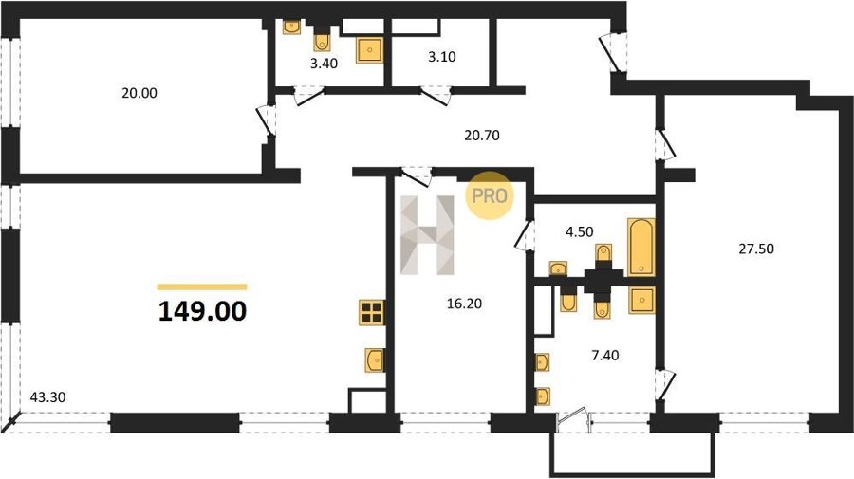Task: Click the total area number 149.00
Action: pyautogui.click(x=203, y=311)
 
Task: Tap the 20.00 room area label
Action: pyautogui.click(x=139, y=93)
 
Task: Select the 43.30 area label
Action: pyautogui.click(x=47, y=397)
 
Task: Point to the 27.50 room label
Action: pyautogui.click(x=756, y=249)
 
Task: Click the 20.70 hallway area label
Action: pyautogui.click(x=482, y=135)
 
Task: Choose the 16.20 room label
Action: pyautogui.click(x=464, y=304)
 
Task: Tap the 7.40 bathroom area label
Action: pyautogui.click(x=605, y=356)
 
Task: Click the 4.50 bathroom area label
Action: pyautogui.click(x=580, y=231)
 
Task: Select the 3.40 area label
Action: pyautogui.click(x=325, y=64)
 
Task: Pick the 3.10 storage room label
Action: pyautogui.click(x=441, y=57)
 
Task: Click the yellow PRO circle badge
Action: pyautogui.click(x=490, y=195)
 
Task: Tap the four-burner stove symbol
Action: pyautogui.click(x=372, y=312)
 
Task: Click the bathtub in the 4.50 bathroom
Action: pyautogui.click(x=641, y=248)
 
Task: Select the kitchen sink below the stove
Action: pyautogui.click(x=375, y=359)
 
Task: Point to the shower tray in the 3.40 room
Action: pyautogui.click(x=370, y=50)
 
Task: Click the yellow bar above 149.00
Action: pyautogui.click(x=202, y=286)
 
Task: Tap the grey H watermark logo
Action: pyautogui.click(x=428, y=234)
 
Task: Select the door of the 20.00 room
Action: pyautogui.click(x=266, y=120)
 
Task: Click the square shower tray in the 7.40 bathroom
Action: pyautogui.click(x=642, y=301)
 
